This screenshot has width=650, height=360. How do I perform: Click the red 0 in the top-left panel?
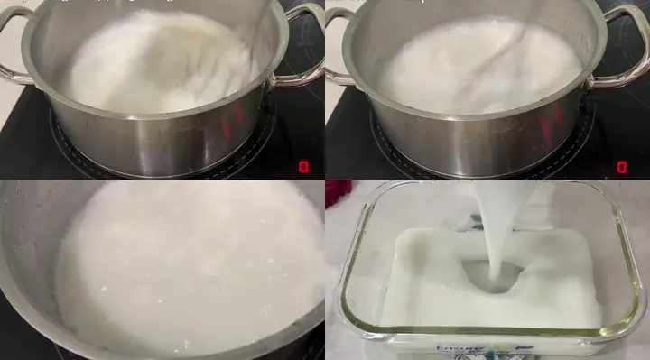point(303,167)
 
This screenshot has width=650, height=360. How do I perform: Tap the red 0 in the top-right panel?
point(622,167)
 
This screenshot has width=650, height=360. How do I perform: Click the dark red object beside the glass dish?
point(337,192)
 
